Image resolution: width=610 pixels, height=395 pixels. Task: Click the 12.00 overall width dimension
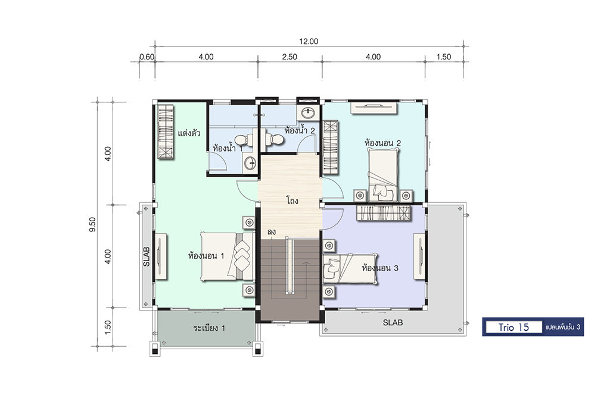click(x=309, y=41)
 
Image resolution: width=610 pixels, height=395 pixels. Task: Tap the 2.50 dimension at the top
click(x=290, y=57)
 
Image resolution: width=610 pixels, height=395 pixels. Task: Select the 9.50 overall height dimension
click(x=92, y=224)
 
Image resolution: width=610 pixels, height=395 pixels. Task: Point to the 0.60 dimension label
click(x=147, y=57)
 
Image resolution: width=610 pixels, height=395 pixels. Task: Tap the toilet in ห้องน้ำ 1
click(x=244, y=139)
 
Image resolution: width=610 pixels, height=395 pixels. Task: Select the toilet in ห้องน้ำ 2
click(x=275, y=139)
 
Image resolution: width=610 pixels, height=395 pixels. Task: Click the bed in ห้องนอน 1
click(x=228, y=256)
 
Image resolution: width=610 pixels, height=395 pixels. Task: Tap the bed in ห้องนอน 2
click(x=384, y=175)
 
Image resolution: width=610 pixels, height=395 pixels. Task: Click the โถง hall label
click(x=292, y=201)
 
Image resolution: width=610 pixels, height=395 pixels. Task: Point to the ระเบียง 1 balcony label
click(x=209, y=328)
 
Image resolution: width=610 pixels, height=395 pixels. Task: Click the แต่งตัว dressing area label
click(x=189, y=134)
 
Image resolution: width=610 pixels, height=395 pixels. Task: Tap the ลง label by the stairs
click(x=272, y=232)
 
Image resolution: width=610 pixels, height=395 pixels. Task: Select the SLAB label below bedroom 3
click(x=393, y=322)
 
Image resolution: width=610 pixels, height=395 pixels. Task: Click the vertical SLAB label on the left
click(x=147, y=256)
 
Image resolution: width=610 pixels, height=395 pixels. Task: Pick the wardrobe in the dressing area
click(x=166, y=131)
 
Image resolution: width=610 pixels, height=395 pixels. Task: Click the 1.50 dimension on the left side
click(x=108, y=327)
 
